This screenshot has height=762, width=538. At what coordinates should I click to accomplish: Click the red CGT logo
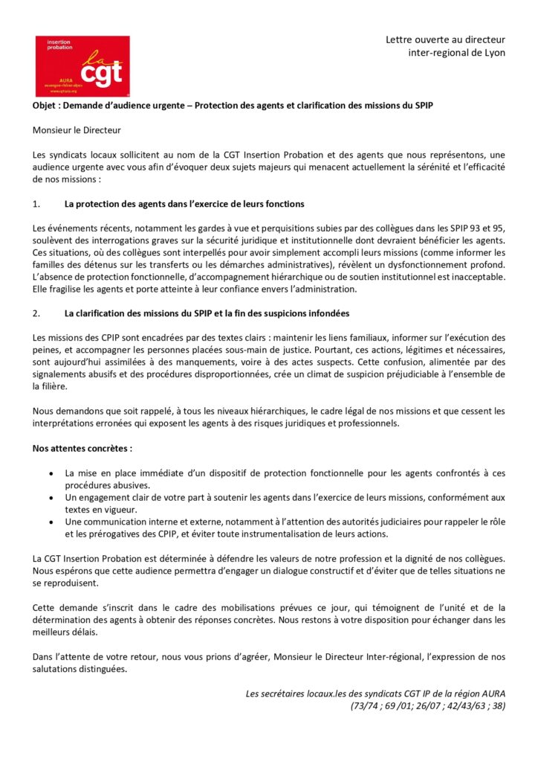[x=82, y=66]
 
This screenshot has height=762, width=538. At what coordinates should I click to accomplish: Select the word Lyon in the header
[x=493, y=52]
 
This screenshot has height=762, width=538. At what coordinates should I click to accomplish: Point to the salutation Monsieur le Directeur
[x=77, y=130]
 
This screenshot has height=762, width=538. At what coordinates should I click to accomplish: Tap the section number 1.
[x=36, y=203]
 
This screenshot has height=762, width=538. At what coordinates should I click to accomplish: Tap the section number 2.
[x=36, y=313]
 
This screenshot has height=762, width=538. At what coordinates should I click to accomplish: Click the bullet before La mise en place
[x=50, y=473]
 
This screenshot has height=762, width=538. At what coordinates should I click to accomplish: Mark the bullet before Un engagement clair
[x=50, y=497]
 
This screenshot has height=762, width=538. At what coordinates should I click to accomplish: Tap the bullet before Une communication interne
[x=50, y=522]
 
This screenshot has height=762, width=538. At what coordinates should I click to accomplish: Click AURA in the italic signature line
[x=491, y=693]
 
